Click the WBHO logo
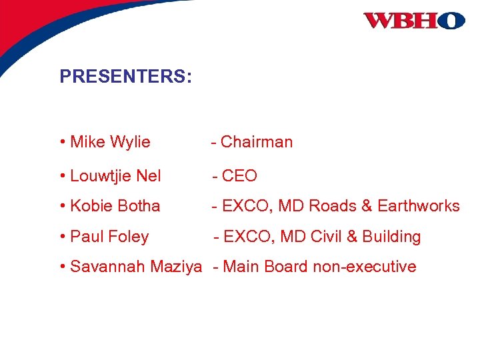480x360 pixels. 414,21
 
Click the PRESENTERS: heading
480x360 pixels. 125,77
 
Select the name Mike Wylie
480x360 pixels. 110,142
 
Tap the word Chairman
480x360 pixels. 257,142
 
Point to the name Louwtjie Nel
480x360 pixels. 115,176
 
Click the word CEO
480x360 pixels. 239,176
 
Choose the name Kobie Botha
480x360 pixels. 115,206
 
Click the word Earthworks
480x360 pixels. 419,206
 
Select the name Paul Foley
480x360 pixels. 109,237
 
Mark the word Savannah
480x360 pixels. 108,267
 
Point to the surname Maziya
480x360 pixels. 176,267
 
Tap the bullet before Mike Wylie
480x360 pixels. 62,142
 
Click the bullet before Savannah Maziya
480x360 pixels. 62,267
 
